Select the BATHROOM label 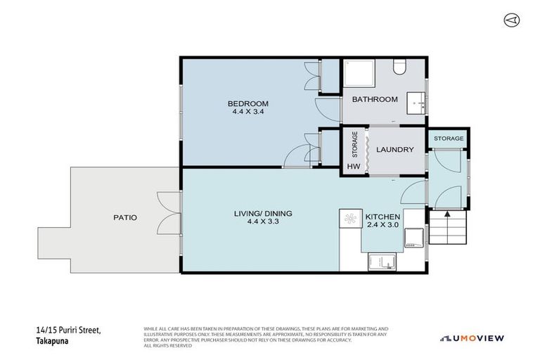tap(375, 100)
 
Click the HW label tap(352, 167)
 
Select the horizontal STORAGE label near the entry tap(448, 139)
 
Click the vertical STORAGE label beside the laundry tap(354, 146)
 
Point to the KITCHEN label tap(382, 217)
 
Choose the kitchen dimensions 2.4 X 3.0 tap(382, 225)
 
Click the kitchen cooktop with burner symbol tap(349, 219)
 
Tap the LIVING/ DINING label tap(263, 213)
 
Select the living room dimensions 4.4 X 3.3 tap(263, 221)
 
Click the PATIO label tap(124, 217)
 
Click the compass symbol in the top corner tap(511, 20)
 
